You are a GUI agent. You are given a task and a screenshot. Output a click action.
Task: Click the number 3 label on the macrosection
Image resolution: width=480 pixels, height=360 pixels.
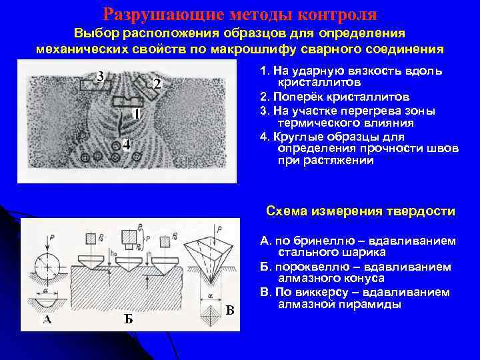(x=101, y=76)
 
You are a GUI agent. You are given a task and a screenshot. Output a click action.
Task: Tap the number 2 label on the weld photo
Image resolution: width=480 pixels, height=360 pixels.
(x=157, y=85)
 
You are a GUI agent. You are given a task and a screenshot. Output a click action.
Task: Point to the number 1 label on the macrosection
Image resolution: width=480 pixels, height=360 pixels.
(x=136, y=114)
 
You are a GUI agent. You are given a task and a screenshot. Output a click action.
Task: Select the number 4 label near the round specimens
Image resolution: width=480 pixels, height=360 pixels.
(x=127, y=144)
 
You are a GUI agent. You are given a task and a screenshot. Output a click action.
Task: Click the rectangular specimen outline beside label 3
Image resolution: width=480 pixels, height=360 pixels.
(x=92, y=85)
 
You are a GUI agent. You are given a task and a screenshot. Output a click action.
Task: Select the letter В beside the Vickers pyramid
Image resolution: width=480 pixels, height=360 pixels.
(x=229, y=309)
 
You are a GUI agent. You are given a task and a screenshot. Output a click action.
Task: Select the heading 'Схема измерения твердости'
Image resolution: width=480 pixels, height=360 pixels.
(x=360, y=211)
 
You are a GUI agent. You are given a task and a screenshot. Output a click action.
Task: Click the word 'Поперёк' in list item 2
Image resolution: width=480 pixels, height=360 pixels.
(x=297, y=96)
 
